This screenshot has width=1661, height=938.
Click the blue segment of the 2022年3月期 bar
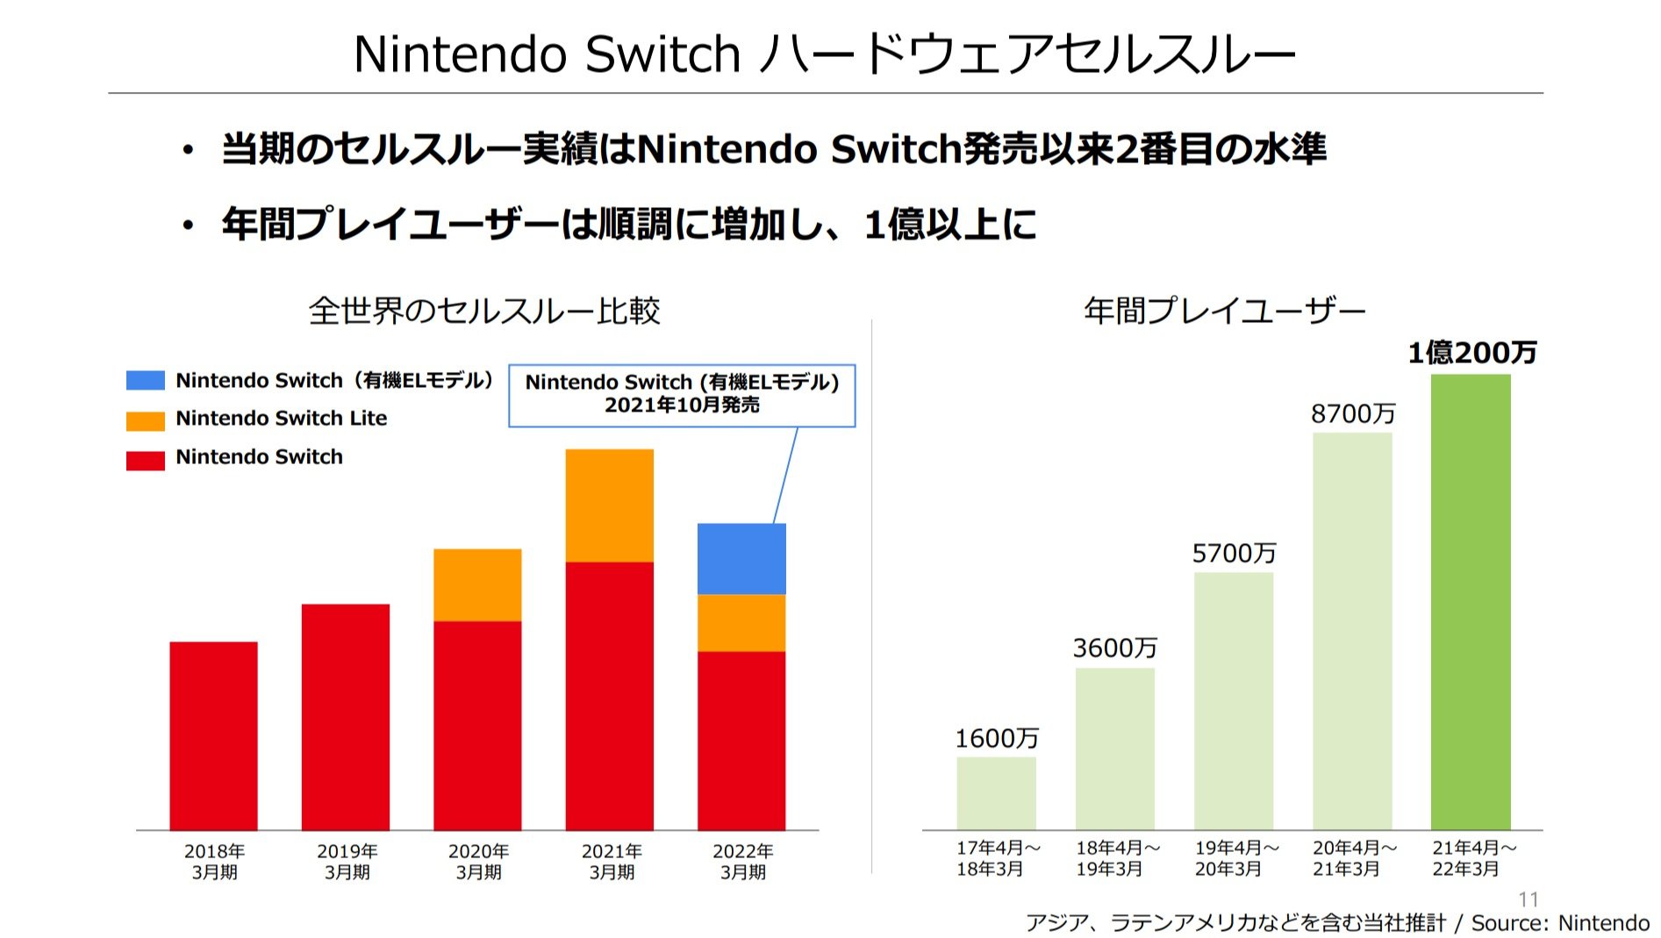tap(741, 559)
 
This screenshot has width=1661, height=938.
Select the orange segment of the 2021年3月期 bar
tap(609, 505)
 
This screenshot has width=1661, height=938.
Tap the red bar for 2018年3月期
tap(213, 735)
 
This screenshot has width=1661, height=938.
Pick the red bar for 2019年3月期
tap(345, 716)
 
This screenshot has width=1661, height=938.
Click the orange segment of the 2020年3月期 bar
tap(477, 584)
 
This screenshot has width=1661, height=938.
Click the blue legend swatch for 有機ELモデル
tap(145, 380)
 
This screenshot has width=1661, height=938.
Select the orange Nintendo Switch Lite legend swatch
tap(145, 420)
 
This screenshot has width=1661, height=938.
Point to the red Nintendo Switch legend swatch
tap(145, 460)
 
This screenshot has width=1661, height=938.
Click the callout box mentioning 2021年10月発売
tap(682, 395)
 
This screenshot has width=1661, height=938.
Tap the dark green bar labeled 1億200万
tap(1471, 601)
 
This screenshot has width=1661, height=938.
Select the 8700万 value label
tap(1352, 414)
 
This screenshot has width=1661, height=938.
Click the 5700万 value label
tap(1234, 554)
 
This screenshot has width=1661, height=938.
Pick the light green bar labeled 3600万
tap(1114, 748)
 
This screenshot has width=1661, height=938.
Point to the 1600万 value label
tap(997, 739)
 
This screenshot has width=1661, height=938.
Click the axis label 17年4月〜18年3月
tap(997, 858)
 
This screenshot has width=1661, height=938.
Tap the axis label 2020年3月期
tap(478, 862)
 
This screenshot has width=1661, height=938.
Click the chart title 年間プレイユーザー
tap(1224, 311)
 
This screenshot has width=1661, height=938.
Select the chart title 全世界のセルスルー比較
tap(484, 311)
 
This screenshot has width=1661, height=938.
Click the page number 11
tap(1528, 899)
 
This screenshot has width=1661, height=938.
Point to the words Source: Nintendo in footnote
tap(1559, 923)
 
